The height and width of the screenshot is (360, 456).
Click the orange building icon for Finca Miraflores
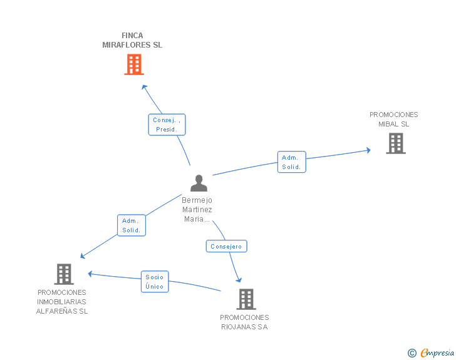tap(134, 64)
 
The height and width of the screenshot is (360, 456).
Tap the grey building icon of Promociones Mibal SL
tap(396, 143)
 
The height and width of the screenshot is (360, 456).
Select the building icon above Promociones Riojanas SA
tap(246, 299)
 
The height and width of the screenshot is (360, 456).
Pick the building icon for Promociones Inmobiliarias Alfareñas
tap(64, 274)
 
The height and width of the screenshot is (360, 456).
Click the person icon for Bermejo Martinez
tap(199, 183)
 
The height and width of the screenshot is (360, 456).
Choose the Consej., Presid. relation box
tap(167, 125)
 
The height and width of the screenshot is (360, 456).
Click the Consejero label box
tap(226, 246)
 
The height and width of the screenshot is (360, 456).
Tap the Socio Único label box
tap(155, 282)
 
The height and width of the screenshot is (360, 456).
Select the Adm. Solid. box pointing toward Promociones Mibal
tap(291, 162)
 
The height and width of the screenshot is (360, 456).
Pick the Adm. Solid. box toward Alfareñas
tap(132, 225)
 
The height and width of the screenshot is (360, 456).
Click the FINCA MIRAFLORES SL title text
tap(132, 40)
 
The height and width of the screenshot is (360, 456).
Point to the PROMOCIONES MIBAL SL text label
tap(394, 119)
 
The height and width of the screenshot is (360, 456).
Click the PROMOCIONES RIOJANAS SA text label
tap(244, 322)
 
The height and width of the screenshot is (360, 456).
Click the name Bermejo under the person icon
tap(197, 200)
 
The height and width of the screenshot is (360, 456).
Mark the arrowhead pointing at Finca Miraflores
tap(144, 87)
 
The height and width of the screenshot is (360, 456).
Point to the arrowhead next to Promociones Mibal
tap(368, 150)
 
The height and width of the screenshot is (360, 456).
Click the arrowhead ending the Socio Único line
tap(90, 274)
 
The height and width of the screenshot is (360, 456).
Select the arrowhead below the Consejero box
tap(239, 280)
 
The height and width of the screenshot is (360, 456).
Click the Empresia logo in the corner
tap(431, 352)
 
